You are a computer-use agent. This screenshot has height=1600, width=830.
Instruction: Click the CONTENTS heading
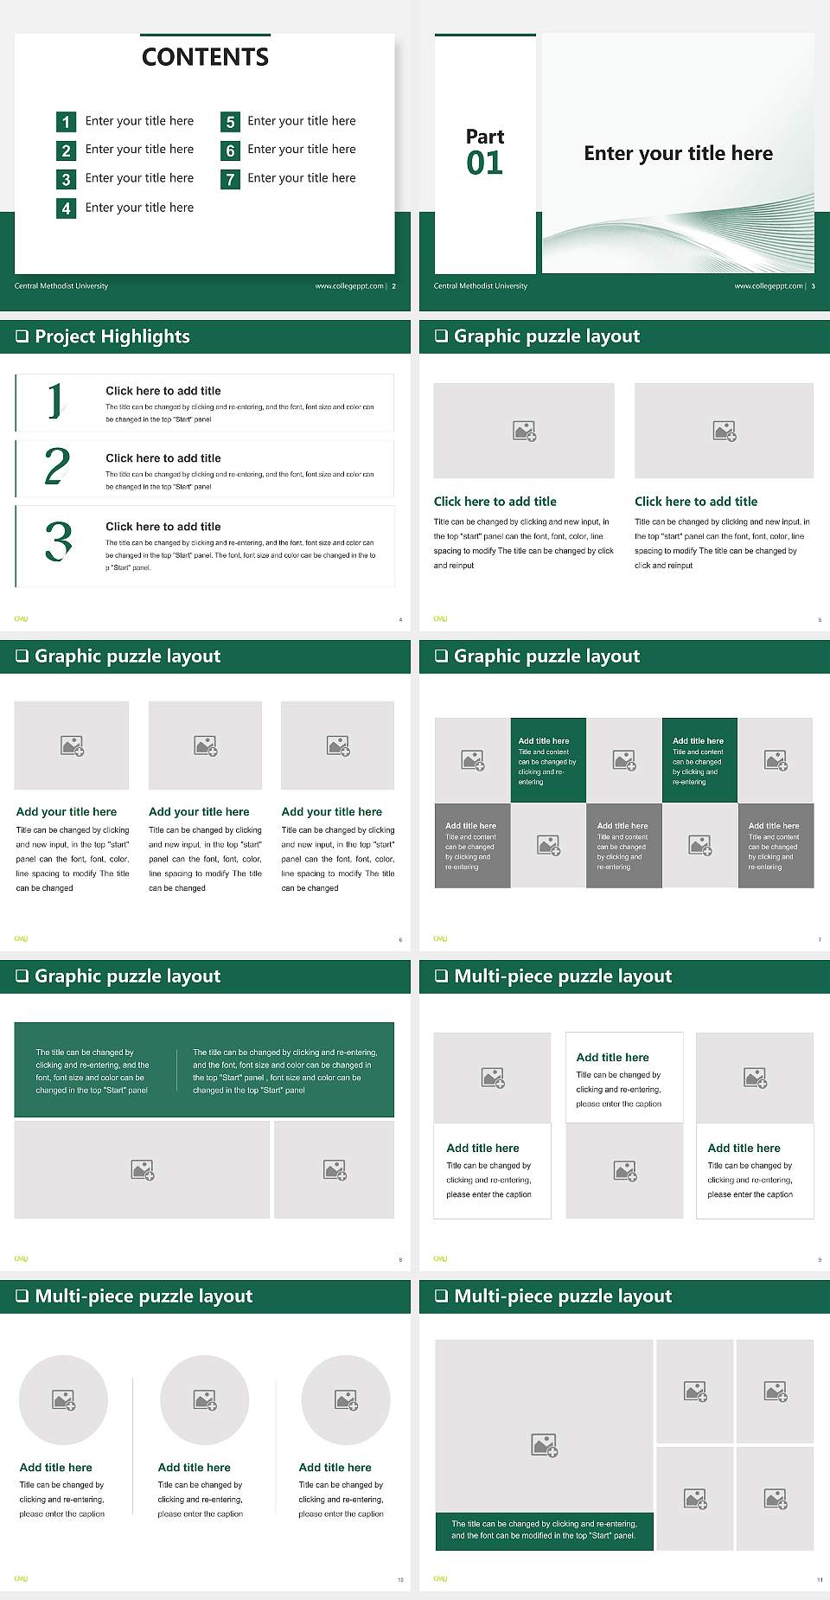click(205, 57)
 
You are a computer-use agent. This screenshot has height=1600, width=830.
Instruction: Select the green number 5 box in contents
click(230, 122)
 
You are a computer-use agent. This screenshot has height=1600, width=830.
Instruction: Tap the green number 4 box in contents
click(66, 208)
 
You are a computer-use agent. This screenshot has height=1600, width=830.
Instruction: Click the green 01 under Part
click(484, 163)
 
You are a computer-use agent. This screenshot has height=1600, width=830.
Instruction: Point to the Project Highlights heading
click(112, 336)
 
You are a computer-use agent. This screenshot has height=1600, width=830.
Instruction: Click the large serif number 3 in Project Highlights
click(58, 541)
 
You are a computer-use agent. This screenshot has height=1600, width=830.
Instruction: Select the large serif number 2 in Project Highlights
click(57, 466)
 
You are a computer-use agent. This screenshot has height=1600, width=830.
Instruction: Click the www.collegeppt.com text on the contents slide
click(349, 286)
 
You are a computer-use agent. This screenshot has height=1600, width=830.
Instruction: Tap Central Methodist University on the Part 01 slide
click(481, 286)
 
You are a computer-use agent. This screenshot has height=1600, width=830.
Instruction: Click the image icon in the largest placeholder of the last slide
click(544, 1444)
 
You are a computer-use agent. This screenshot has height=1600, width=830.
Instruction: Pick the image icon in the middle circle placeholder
click(205, 1400)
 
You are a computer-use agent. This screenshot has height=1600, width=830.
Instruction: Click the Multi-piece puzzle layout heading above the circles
click(144, 1296)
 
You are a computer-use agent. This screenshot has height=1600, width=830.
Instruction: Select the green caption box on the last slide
click(544, 1530)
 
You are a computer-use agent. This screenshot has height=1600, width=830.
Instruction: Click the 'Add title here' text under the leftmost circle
click(56, 1468)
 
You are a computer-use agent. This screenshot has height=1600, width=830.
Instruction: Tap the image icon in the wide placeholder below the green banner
click(143, 1170)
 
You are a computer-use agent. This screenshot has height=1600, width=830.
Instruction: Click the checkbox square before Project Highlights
click(22, 336)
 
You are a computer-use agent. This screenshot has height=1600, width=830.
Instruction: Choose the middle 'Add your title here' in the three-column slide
click(199, 812)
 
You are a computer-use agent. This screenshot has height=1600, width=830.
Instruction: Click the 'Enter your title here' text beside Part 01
click(678, 154)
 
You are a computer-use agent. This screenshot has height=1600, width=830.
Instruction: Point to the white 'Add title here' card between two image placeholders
click(624, 1078)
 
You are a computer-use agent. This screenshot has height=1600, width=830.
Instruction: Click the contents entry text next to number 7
click(302, 178)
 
